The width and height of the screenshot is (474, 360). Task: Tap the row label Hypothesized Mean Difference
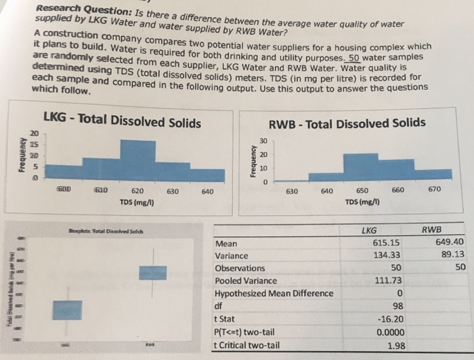(x=274, y=293)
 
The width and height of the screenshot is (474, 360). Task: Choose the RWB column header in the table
(x=431, y=229)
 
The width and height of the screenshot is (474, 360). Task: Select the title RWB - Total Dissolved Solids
(x=347, y=123)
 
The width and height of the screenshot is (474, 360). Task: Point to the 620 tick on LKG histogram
(x=137, y=192)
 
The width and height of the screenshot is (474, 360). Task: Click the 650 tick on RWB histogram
(x=362, y=191)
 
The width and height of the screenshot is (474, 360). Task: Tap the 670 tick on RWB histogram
(x=434, y=190)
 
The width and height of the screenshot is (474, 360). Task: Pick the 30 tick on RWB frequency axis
(x=264, y=141)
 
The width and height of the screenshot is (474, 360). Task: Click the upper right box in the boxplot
(x=152, y=272)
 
